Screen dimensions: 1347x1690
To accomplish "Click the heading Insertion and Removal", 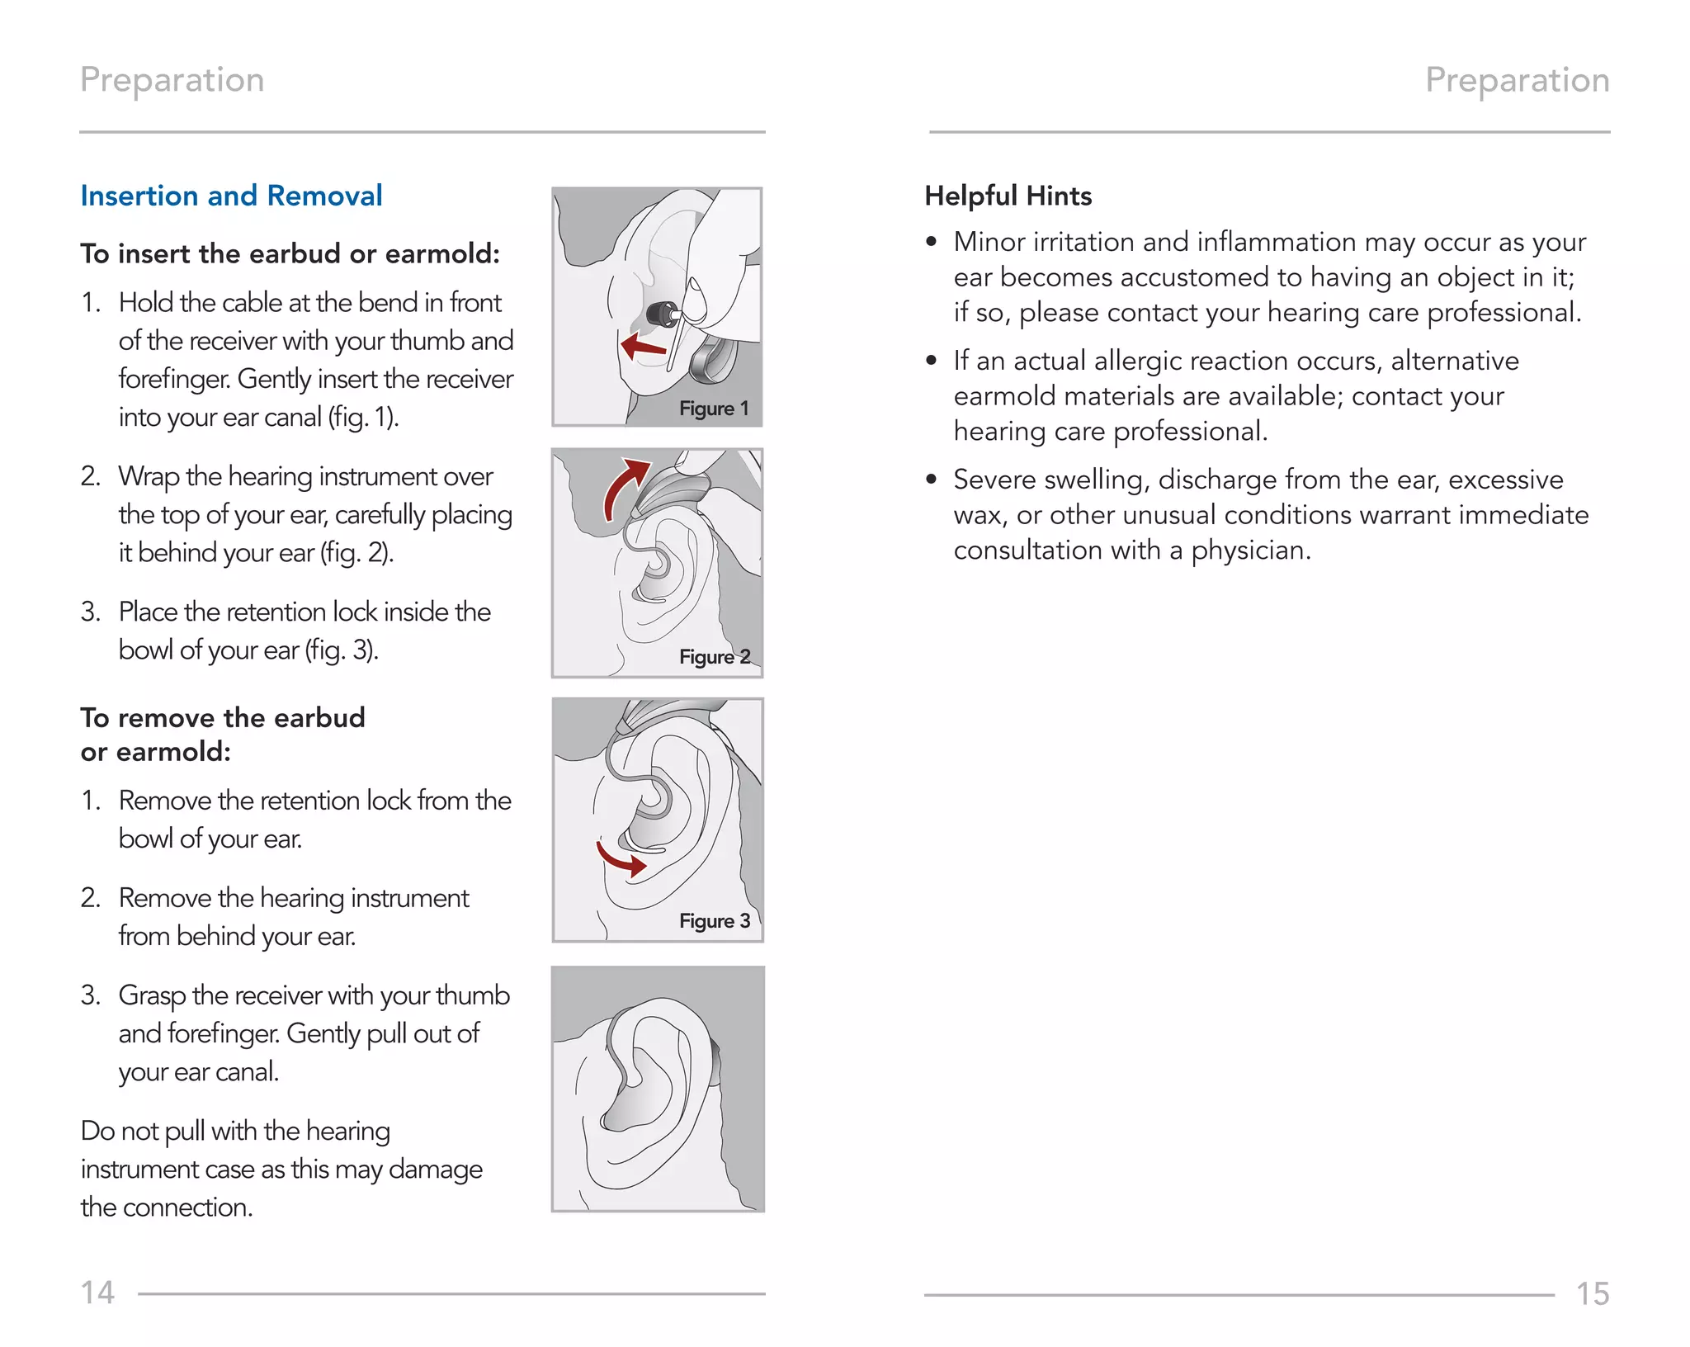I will [x=231, y=196].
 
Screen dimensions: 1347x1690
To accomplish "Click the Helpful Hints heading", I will [x=1008, y=196].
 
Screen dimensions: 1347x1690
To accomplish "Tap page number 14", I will [x=97, y=1293].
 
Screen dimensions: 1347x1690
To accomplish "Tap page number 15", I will [x=1592, y=1293].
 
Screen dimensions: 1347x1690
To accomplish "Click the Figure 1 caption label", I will [x=714, y=409].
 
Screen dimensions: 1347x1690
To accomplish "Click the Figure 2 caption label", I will [x=714, y=657].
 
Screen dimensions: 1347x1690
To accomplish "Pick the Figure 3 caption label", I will [x=714, y=921].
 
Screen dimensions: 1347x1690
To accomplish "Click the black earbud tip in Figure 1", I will [x=660, y=314].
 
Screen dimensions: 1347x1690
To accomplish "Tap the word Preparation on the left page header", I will [x=172, y=80].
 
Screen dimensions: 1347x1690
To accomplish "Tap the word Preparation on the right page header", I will [x=1517, y=80].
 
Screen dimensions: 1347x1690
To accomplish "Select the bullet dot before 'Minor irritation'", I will [x=932, y=242].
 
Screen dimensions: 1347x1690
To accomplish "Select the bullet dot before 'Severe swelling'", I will [x=932, y=480].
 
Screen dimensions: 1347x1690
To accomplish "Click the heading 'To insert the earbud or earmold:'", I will [x=290, y=253].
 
